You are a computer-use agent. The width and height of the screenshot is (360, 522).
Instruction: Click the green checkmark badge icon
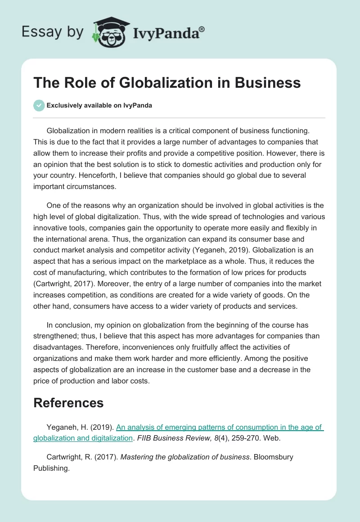point(39,105)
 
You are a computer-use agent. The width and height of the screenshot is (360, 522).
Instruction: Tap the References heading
point(68,402)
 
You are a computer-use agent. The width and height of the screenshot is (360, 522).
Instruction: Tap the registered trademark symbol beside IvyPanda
point(202,29)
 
